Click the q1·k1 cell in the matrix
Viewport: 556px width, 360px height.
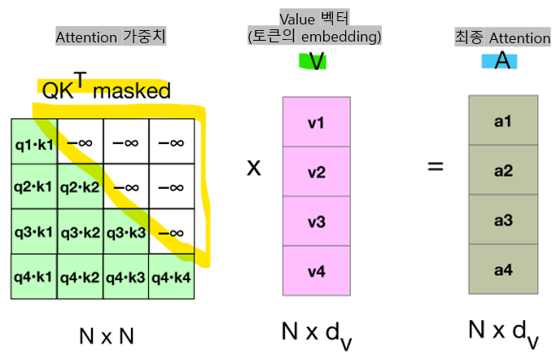[x=33, y=142]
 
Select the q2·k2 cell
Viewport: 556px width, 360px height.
[x=79, y=187]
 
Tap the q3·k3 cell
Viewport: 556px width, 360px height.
[x=125, y=232]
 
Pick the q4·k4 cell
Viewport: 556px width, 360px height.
[x=170, y=277]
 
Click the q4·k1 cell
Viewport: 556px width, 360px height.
[x=33, y=277]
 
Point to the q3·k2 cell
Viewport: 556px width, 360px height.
[x=79, y=232]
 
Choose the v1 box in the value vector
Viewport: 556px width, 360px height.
[x=316, y=123]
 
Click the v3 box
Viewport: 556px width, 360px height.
[x=316, y=221]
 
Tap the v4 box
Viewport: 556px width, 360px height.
[x=316, y=270]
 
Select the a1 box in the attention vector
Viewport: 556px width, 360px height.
[x=503, y=121]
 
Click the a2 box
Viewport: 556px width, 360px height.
[x=503, y=171]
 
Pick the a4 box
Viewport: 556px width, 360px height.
[x=503, y=270]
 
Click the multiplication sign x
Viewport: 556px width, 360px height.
[x=255, y=167]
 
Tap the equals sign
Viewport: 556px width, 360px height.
[x=436, y=167]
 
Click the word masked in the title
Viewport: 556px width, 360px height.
[x=131, y=91]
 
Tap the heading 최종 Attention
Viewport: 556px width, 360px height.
[x=501, y=37]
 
